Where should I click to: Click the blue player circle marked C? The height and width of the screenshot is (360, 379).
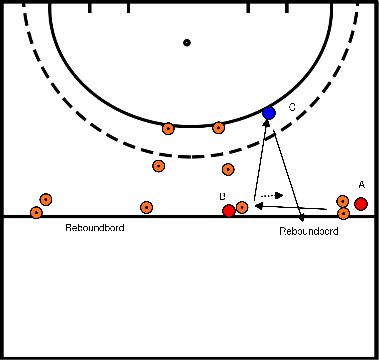(268, 113)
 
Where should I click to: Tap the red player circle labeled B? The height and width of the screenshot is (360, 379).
(229, 210)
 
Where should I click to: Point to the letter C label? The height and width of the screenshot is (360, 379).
(292, 106)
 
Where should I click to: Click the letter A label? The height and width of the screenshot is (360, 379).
(361, 184)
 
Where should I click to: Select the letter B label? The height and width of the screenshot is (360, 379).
(223, 196)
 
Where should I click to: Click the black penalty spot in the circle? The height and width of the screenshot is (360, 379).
(186, 43)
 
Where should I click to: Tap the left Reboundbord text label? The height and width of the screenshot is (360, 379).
(95, 228)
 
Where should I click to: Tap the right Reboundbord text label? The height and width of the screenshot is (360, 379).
(310, 230)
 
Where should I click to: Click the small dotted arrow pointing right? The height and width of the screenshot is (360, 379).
(271, 195)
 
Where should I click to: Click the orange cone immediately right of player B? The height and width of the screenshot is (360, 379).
(242, 207)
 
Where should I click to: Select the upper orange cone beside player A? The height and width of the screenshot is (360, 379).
(343, 202)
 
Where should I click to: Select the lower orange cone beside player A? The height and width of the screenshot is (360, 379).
(343, 213)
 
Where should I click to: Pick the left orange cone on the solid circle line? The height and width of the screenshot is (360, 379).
(168, 127)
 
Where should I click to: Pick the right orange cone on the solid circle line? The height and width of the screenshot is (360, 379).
(219, 127)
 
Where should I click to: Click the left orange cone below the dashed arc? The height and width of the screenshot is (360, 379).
(158, 166)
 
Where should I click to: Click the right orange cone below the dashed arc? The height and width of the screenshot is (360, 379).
(228, 169)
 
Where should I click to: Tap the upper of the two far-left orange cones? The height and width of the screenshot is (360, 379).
(45, 200)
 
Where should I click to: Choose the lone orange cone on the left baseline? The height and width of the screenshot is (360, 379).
(147, 207)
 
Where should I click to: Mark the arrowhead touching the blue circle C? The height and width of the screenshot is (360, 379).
(266, 126)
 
